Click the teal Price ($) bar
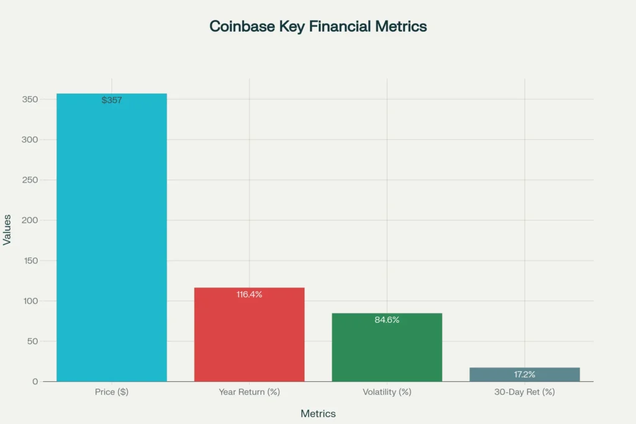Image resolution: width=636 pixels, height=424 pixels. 112,242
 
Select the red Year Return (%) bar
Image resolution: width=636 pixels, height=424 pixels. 249,338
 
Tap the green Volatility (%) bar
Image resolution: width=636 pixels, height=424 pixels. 387,351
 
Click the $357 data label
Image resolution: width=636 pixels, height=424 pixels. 112,100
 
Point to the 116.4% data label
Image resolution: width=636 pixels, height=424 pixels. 249,294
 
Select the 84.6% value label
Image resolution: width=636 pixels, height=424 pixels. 387,320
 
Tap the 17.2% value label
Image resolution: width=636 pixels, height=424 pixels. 525,375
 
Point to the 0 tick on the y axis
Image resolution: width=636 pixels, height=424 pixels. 35,382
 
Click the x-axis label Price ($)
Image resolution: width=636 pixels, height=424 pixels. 112,392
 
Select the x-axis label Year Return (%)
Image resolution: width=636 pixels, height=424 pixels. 249,392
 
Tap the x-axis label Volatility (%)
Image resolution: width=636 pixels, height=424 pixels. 387,392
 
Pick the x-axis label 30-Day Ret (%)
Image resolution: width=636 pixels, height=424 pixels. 525,392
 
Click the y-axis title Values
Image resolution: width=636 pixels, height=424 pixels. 7,229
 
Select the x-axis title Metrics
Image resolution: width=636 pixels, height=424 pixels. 318,413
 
